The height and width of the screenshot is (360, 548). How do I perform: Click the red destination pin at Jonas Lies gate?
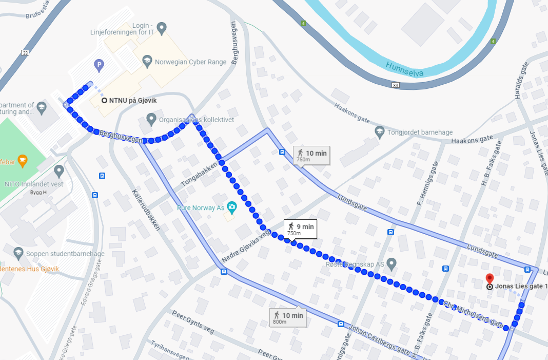(490, 278)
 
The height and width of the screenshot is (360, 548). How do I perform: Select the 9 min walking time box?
(300, 229)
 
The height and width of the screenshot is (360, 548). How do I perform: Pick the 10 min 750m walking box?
(311, 155)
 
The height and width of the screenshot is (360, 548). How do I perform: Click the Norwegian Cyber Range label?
(191, 62)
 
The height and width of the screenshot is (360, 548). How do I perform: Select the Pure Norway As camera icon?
(231, 207)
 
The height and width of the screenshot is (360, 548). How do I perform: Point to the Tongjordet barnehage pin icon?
(379, 131)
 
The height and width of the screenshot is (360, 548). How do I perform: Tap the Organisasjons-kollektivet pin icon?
(151, 119)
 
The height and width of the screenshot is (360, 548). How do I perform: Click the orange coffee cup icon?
(23, 160)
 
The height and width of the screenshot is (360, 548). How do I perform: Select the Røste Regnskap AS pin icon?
(392, 264)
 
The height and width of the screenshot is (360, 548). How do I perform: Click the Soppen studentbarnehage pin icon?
(18, 253)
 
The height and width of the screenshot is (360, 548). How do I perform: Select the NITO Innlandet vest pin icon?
(59, 170)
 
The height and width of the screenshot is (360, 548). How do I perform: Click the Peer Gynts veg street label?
(192, 323)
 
